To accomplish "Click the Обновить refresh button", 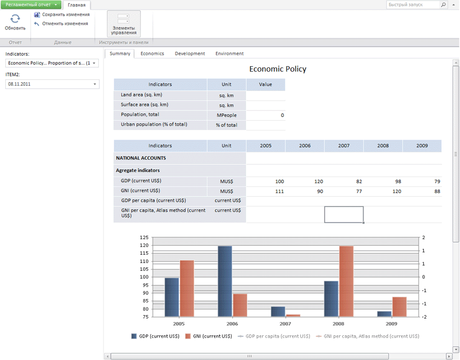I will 15,22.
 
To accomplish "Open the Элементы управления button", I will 124,24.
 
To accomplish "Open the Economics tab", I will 152,53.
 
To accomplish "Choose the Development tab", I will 190,53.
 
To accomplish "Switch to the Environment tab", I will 229,53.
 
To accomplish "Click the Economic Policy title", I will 277,69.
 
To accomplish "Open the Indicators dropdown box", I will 52,63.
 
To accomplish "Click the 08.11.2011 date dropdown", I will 52,84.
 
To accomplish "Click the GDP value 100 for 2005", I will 279,181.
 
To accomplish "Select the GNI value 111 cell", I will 279,191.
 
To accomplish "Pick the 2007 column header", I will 344,145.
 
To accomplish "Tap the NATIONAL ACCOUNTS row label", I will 141,158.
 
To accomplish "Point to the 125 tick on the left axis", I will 144,238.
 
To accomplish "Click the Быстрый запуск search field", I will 413,5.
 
